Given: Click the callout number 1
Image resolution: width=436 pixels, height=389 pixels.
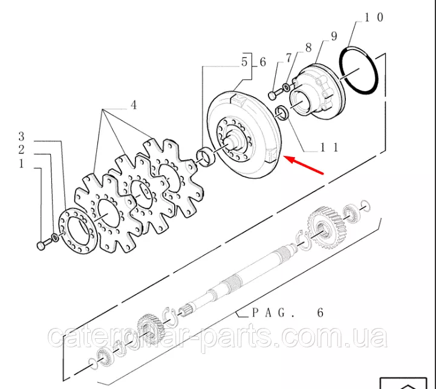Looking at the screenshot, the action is point(22,164).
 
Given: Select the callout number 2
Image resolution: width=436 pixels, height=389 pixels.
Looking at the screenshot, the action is point(21,150).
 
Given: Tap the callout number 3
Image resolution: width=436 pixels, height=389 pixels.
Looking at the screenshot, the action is point(21,137).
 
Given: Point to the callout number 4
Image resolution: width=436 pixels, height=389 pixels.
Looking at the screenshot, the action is point(134,105).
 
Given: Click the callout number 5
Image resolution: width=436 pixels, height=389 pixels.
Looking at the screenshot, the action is point(244,62).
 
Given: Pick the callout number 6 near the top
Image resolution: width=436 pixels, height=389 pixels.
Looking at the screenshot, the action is point(263,62).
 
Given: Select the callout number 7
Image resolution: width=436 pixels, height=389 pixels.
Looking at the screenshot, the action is point(288,58).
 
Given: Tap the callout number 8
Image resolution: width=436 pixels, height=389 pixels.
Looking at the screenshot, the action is point(308,48).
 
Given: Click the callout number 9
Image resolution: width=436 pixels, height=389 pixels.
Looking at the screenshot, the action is point(334,36).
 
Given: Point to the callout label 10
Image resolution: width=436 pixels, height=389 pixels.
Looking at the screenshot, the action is point(374,17).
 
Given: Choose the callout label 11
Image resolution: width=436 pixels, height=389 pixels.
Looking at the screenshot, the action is point(330,147).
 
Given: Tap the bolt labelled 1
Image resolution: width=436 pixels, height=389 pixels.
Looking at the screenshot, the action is point(44,245).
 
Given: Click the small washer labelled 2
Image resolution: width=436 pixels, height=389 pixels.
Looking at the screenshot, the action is point(55,237).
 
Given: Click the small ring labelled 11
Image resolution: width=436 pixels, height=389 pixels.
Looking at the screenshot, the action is point(282,113).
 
